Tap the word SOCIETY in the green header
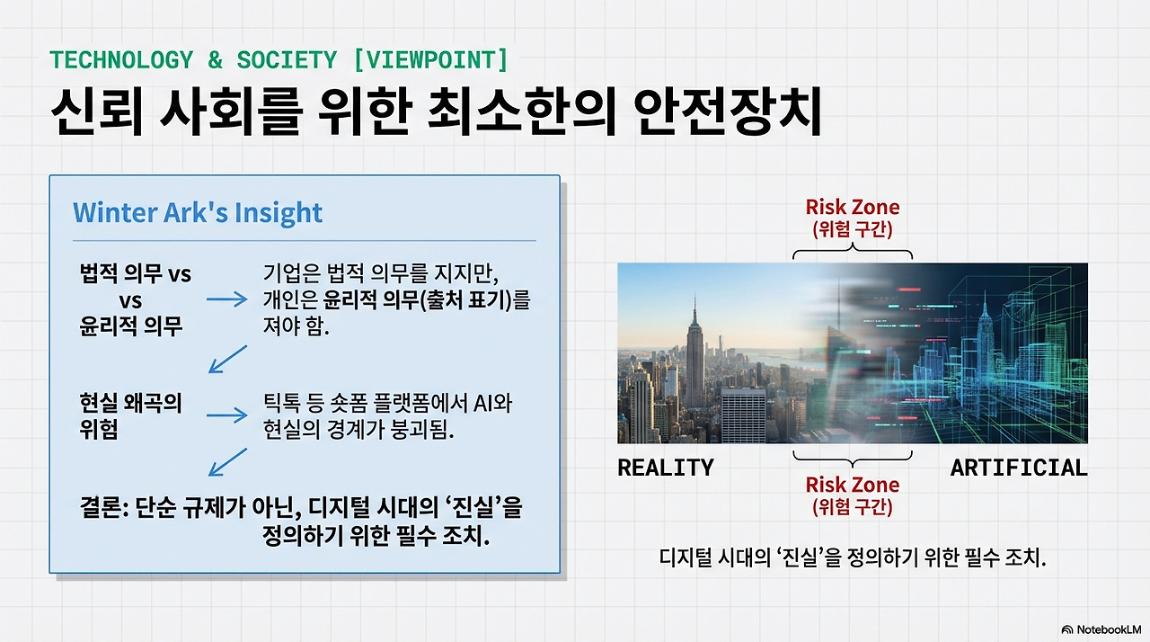[x=287, y=60]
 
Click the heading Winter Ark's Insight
[x=197, y=213]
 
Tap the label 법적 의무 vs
[x=135, y=274]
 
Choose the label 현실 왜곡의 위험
[x=130, y=415]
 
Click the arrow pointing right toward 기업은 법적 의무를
[x=226, y=299]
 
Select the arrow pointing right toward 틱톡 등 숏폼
[x=226, y=415]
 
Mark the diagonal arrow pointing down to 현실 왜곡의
[x=227, y=359]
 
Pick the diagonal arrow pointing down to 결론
[x=227, y=462]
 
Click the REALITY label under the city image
[x=665, y=468]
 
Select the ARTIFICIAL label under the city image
[x=1018, y=468]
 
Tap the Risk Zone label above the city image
[x=852, y=208]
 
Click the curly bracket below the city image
[x=852, y=456]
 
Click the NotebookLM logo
[x=1101, y=629]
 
